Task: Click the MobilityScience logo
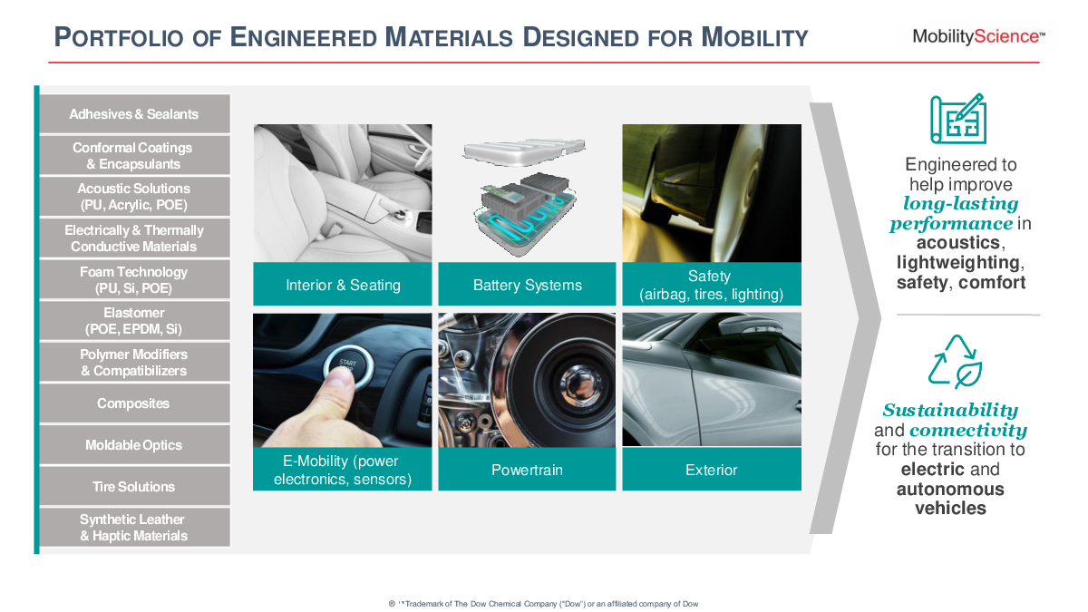[978, 37]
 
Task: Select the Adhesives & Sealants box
[134, 113]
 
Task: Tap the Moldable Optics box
[134, 445]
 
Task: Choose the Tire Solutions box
[134, 486]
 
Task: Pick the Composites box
[134, 403]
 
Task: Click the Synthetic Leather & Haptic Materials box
[134, 528]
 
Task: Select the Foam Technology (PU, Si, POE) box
[134, 279]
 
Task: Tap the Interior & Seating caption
[343, 284]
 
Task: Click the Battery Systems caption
[527, 284]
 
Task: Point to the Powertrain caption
[527, 470]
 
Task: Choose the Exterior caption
[712, 470]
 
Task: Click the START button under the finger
[349, 365]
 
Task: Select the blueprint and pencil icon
[958, 119]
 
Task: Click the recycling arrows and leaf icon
[955, 362]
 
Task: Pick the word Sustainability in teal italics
[950, 411]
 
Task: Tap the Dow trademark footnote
[544, 604]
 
